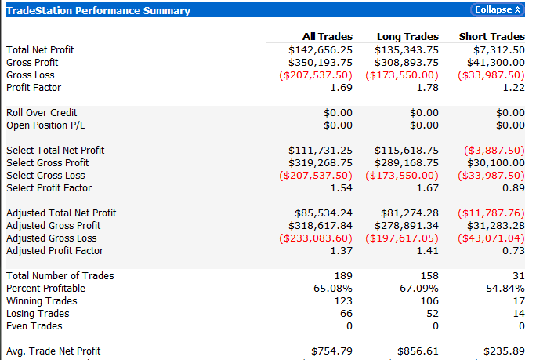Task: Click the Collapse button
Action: coord(498,10)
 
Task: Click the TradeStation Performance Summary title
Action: coord(98,11)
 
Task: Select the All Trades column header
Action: coord(328,37)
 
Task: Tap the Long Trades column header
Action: coord(407,37)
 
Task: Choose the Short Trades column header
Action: coord(492,37)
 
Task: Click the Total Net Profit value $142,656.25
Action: coord(321,50)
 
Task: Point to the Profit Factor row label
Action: coord(34,88)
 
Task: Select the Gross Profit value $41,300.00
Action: coord(492,63)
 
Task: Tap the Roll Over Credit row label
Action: coord(41,113)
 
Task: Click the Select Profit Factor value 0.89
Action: coord(514,188)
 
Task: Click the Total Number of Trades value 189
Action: coord(343,276)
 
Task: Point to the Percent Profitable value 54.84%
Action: coord(505,289)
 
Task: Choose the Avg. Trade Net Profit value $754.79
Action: coord(331,351)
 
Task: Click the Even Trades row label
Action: coord(34,326)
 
